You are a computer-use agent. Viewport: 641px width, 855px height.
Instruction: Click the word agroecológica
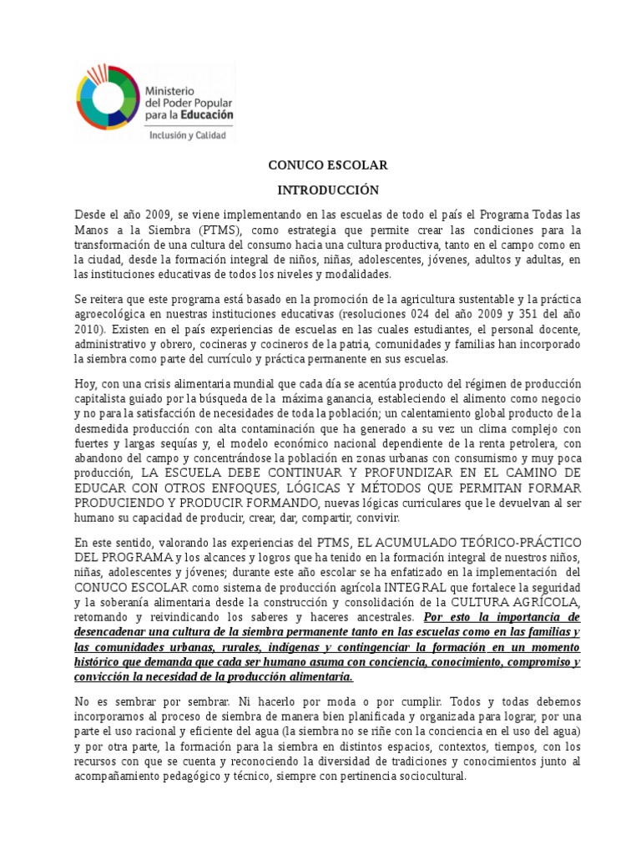click(x=115, y=314)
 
